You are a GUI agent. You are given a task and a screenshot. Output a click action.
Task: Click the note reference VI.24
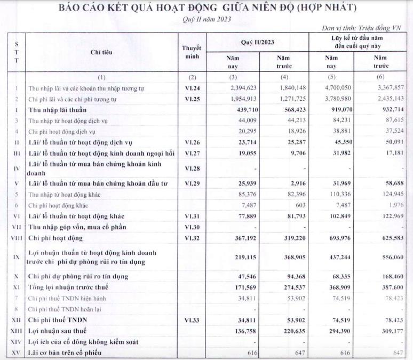tap(193, 88)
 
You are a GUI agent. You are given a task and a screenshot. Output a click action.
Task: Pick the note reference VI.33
tap(193, 320)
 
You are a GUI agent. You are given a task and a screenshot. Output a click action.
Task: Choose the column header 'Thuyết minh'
tap(193, 51)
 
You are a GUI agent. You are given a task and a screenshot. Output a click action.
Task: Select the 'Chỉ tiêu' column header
tap(101, 52)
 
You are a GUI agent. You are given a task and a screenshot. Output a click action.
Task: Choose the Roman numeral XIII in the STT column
tap(16, 331)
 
